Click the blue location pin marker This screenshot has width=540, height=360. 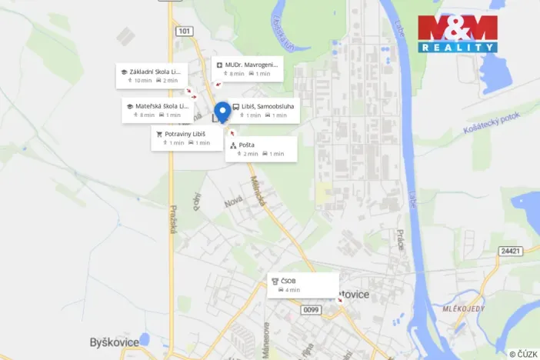(222, 112)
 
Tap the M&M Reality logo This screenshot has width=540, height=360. (458, 33)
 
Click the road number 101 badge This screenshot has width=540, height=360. (183, 32)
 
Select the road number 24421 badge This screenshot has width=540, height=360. (510, 251)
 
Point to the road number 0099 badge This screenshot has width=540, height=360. (310, 310)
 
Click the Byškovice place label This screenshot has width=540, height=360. (115, 342)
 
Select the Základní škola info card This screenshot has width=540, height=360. (152, 75)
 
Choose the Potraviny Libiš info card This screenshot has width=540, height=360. (186, 138)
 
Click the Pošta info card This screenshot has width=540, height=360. (260, 148)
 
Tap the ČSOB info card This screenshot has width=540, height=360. (302, 285)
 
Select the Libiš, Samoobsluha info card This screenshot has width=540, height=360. (264, 111)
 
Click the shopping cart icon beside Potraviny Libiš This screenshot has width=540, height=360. (159, 134)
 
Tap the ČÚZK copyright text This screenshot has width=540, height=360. (522, 354)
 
